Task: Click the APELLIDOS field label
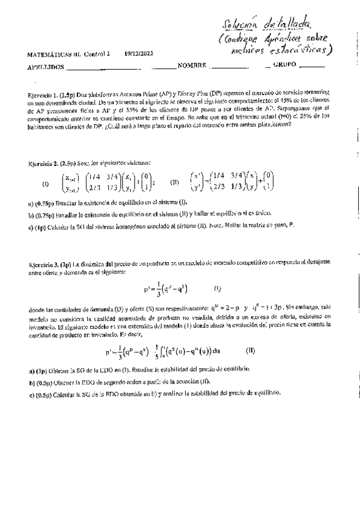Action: coord(45,66)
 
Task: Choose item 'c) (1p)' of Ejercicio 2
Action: coord(40,226)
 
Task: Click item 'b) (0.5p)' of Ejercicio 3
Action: coord(42,382)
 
